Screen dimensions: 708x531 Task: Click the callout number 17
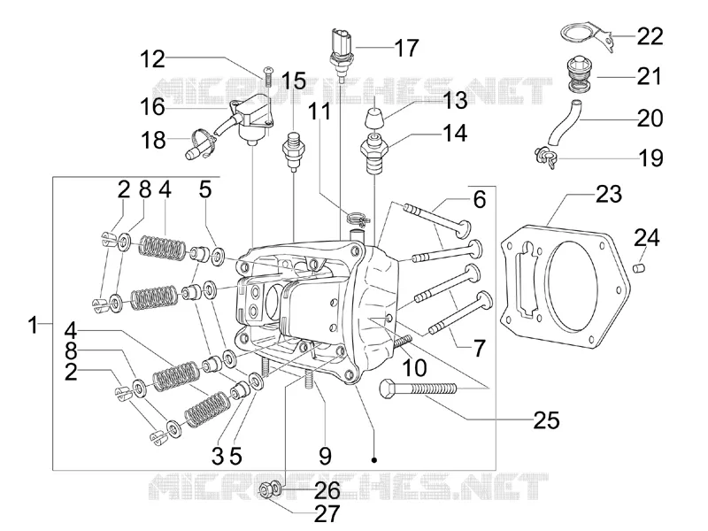pos(406,48)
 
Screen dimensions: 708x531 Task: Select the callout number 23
pos(609,194)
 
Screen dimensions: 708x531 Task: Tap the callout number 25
pos(546,420)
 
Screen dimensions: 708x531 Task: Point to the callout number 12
pos(152,59)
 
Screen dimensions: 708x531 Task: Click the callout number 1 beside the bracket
pos(33,325)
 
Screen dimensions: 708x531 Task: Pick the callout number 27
pos(327,513)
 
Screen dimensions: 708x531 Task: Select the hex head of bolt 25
pos(388,389)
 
